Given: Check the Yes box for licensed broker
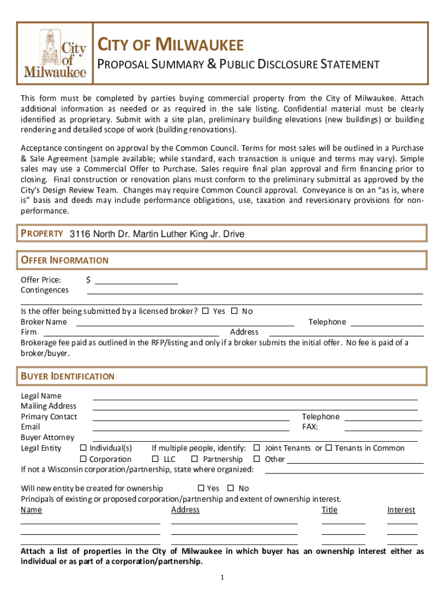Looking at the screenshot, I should point(206,311).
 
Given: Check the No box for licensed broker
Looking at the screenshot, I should point(234,311).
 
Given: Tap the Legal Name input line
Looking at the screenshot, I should point(254,397).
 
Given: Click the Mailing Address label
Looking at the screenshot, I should point(49,406).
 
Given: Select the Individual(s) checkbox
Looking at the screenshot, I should point(83,448).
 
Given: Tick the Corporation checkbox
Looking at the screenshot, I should point(83,459).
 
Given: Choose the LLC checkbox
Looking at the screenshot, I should point(155,459).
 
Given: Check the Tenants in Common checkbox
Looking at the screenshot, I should point(328,448).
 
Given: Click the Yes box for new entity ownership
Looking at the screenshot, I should point(201,488).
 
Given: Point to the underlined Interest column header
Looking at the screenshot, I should point(401,510).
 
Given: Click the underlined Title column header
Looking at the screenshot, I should point(329,510).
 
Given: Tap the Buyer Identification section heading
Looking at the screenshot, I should point(68,376).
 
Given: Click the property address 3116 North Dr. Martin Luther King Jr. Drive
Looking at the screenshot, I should point(157,234).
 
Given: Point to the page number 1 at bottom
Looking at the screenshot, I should point(222,578).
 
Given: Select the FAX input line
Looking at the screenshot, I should point(383,428).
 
